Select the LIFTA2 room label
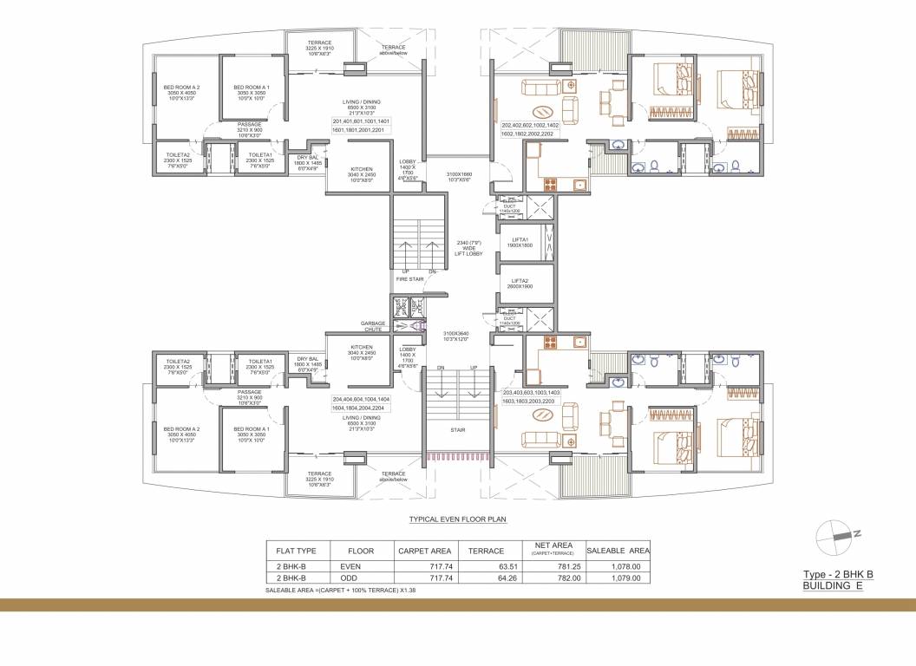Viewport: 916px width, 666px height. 520,284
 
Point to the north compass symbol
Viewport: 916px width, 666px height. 836,535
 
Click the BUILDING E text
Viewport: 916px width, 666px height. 833,586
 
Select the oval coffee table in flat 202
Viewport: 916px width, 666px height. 544,110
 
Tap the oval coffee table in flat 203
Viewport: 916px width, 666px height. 544,415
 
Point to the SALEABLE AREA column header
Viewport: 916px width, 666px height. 618,550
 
